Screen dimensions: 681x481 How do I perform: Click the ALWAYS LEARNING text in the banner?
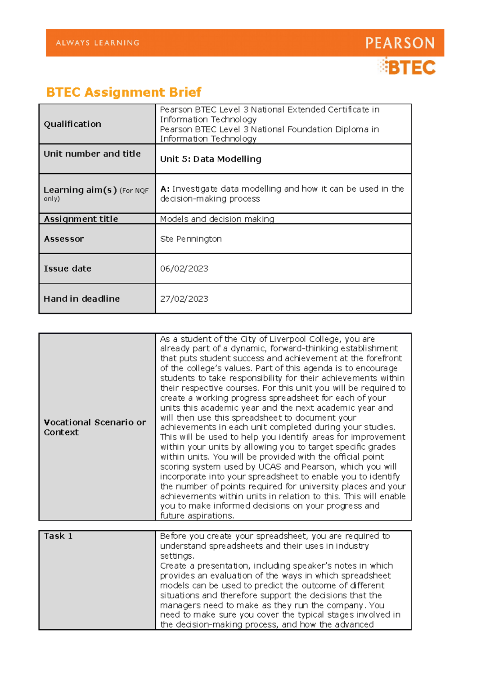click(97, 43)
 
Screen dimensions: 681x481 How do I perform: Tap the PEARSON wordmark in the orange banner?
click(400, 43)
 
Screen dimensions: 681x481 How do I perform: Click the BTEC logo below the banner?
click(407, 67)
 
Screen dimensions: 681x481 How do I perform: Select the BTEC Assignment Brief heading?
click(123, 92)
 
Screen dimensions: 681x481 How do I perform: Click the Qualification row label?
click(72, 124)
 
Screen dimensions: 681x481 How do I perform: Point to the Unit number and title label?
click(92, 154)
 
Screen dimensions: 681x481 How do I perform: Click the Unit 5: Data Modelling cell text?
click(210, 159)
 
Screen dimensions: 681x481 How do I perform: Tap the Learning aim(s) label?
click(80, 190)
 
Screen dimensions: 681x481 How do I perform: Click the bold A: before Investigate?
click(165, 188)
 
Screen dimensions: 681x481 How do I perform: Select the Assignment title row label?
click(81, 219)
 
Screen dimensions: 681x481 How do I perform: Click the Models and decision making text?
click(217, 219)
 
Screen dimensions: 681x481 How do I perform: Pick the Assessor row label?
click(64, 239)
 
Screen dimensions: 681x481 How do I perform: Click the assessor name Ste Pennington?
click(191, 239)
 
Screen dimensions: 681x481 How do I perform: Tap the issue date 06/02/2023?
click(184, 268)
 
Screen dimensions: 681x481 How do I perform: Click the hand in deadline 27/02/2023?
click(184, 299)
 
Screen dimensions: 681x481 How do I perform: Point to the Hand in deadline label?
click(81, 299)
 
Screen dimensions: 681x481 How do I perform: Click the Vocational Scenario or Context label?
click(95, 427)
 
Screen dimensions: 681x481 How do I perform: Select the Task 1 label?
click(58, 536)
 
